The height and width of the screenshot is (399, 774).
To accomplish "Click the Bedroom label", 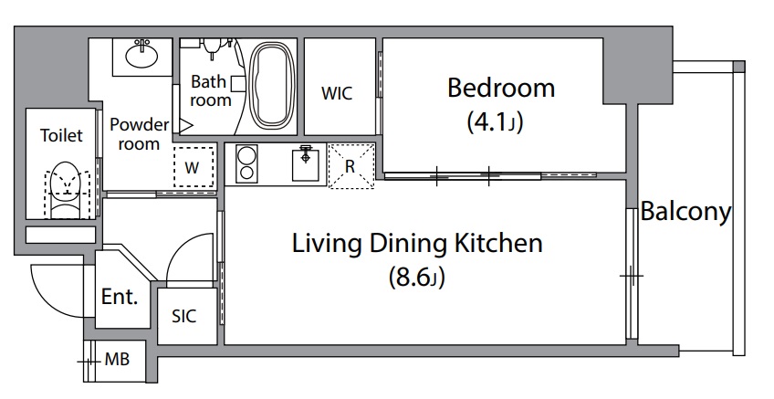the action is click(x=501, y=88).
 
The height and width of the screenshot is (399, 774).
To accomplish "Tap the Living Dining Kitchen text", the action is click(x=417, y=244).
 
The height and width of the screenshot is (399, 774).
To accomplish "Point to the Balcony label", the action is click(x=685, y=212).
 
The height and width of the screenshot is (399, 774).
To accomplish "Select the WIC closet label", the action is click(x=337, y=93).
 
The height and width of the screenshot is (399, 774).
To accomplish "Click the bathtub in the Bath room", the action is click(x=272, y=87).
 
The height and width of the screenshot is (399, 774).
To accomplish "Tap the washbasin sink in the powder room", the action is click(x=142, y=54).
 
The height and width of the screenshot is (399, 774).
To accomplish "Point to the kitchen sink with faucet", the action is click(x=306, y=163).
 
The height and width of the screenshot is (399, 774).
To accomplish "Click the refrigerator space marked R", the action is click(x=351, y=166).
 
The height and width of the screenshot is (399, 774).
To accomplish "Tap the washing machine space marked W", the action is click(x=193, y=166).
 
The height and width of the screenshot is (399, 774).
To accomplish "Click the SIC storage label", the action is click(x=183, y=316).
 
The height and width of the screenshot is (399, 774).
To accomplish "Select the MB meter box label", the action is click(x=117, y=360).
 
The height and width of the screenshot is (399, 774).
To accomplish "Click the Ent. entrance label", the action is click(x=120, y=297).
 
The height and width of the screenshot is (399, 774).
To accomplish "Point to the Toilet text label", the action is click(x=61, y=135).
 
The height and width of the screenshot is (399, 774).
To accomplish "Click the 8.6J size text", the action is click(x=417, y=277).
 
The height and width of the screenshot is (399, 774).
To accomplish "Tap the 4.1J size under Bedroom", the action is click(x=495, y=122).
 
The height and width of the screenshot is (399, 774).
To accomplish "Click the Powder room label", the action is click(x=140, y=134).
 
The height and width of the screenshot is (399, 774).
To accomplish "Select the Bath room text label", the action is click(x=211, y=90).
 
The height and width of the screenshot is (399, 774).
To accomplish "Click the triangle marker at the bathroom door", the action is click(x=184, y=126).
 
